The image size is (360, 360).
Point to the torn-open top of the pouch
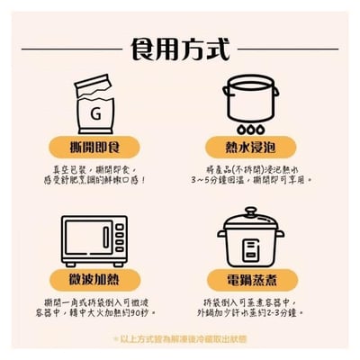(x=106, y=83)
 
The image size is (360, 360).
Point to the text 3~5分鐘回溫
(x=236, y=179)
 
